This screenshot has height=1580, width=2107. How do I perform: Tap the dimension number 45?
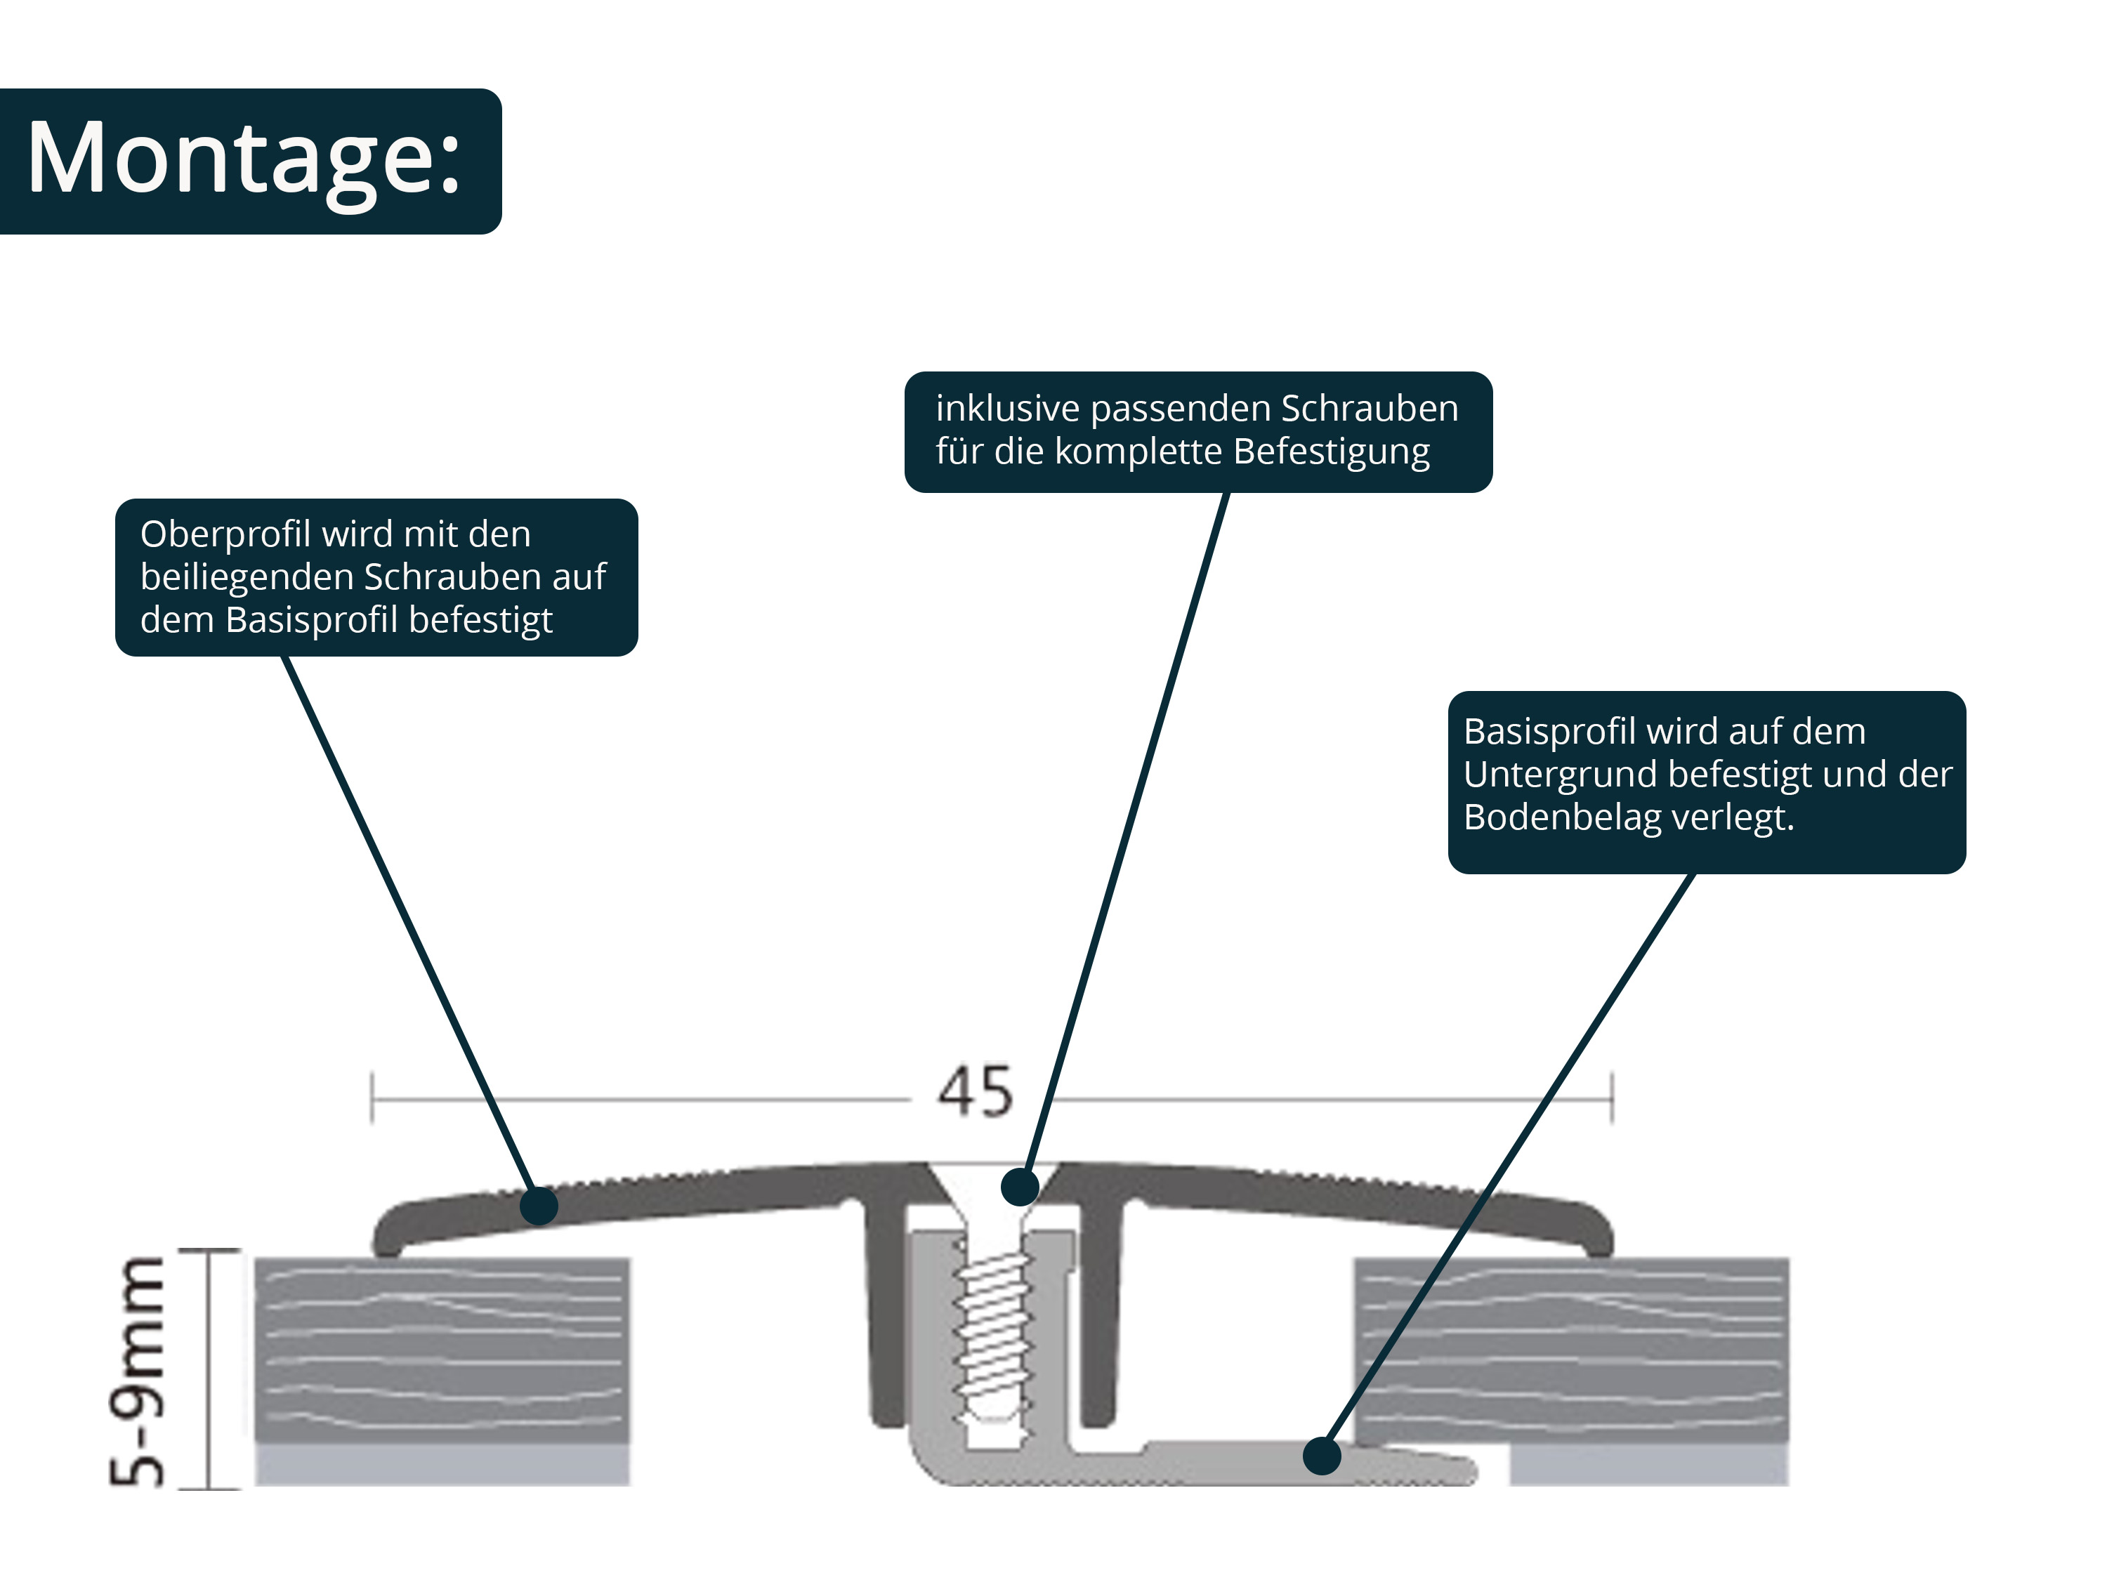pos(976,1093)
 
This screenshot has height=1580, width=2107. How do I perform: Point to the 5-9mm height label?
pos(136,1371)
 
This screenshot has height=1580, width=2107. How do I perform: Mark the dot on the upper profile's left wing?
pos(539,1205)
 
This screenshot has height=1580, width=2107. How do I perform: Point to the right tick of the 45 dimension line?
pos(1612,1099)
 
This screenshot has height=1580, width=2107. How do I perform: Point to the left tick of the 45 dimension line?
pos(372,1099)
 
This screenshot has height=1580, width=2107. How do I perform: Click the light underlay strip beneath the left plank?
pos(442,1465)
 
